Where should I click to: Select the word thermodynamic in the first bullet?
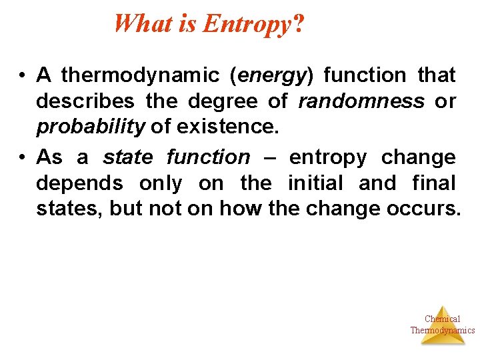coord(140,75)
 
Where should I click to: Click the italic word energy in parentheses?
coord(270,76)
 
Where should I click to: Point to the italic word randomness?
coord(361,101)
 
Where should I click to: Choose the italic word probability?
coord(91,127)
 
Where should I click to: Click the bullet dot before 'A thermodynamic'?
coord(23,76)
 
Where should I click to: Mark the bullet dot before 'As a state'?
coord(23,157)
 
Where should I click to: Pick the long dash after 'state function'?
coord(269,157)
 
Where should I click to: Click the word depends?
coord(79,183)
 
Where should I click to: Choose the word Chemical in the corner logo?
coord(442,319)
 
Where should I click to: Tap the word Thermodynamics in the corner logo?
coord(442,330)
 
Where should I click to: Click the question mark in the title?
coord(298,24)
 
